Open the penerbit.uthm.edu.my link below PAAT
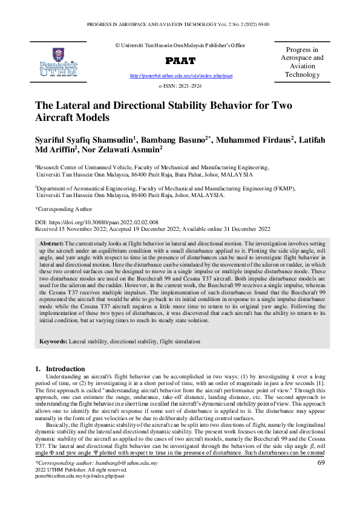181,76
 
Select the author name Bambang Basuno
174,140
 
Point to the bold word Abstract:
51,242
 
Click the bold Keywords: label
54,342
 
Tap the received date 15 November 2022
74,230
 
